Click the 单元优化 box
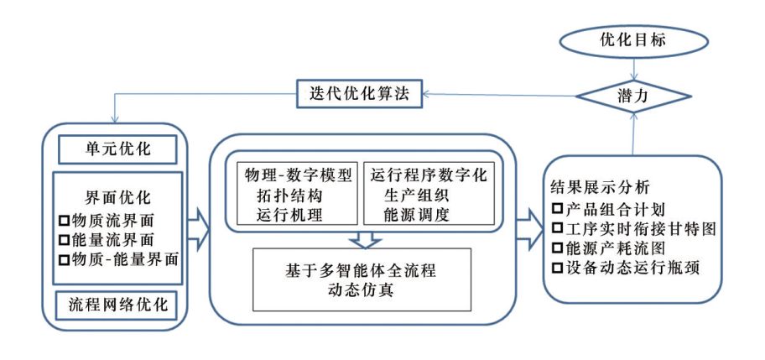coord(117,150)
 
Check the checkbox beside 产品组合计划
coord(558,208)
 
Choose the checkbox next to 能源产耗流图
coord(558,248)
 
